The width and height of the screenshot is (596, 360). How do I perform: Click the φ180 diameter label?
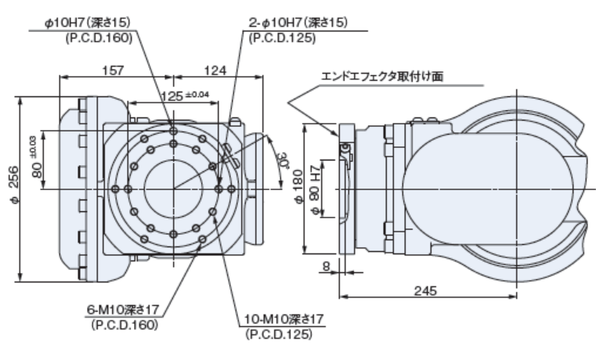pos(300,187)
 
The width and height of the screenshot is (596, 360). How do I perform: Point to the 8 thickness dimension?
pos(323,268)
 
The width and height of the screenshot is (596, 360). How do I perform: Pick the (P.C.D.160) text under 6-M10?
pos(124,324)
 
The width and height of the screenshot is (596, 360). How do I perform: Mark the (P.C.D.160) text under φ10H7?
pos(99,36)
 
